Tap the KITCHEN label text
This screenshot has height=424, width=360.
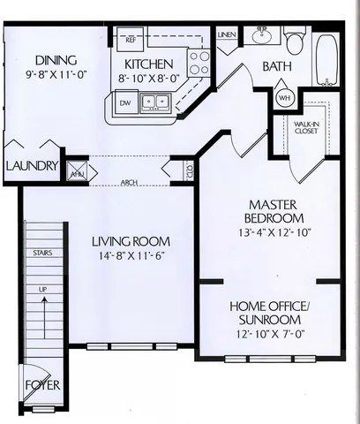(147, 64)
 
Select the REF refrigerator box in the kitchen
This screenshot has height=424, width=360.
(131, 39)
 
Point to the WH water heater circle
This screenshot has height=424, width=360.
(284, 96)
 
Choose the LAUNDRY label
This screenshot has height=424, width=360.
(32, 165)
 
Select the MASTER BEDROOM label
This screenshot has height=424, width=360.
(275, 211)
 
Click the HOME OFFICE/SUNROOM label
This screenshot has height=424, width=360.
(269, 312)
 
